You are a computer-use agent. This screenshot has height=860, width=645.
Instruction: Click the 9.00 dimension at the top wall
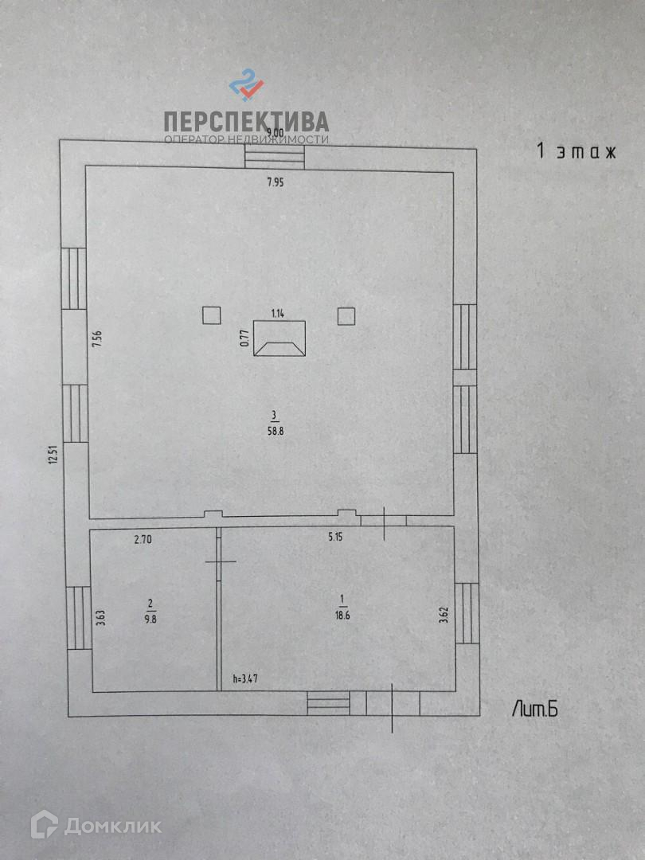(x=275, y=133)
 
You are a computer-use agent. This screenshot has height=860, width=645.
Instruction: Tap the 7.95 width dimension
(x=275, y=182)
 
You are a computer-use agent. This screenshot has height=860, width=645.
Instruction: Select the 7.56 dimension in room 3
(x=97, y=341)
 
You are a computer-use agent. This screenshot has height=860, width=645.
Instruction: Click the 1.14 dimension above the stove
(x=278, y=313)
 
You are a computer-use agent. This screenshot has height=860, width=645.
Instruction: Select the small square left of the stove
(x=211, y=316)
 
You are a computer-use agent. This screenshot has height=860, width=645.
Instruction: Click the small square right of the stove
(x=346, y=316)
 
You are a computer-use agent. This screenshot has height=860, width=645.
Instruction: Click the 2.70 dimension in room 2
(x=143, y=539)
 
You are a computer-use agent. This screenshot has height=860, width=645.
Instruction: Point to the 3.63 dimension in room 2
(x=100, y=618)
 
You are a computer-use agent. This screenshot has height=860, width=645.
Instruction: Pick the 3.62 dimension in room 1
(x=444, y=615)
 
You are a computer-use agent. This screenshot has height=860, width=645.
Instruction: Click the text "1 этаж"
(x=577, y=151)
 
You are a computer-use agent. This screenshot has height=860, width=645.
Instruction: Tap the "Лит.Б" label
(x=535, y=709)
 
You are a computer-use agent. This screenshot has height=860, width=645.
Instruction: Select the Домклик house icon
(x=44, y=825)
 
